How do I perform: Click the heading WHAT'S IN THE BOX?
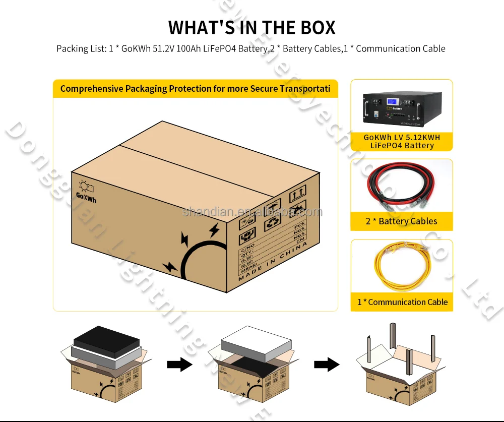(251, 27)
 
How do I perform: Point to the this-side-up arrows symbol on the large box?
(297, 193)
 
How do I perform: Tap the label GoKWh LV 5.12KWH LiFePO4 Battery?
(402, 141)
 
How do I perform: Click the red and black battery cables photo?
(402, 187)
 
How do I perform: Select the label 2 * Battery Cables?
(402, 221)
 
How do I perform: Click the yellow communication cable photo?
(402, 268)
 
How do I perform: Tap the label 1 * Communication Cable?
(402, 302)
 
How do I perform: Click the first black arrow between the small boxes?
(180, 365)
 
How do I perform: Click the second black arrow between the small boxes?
(327, 365)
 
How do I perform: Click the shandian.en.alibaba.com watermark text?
(251, 212)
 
